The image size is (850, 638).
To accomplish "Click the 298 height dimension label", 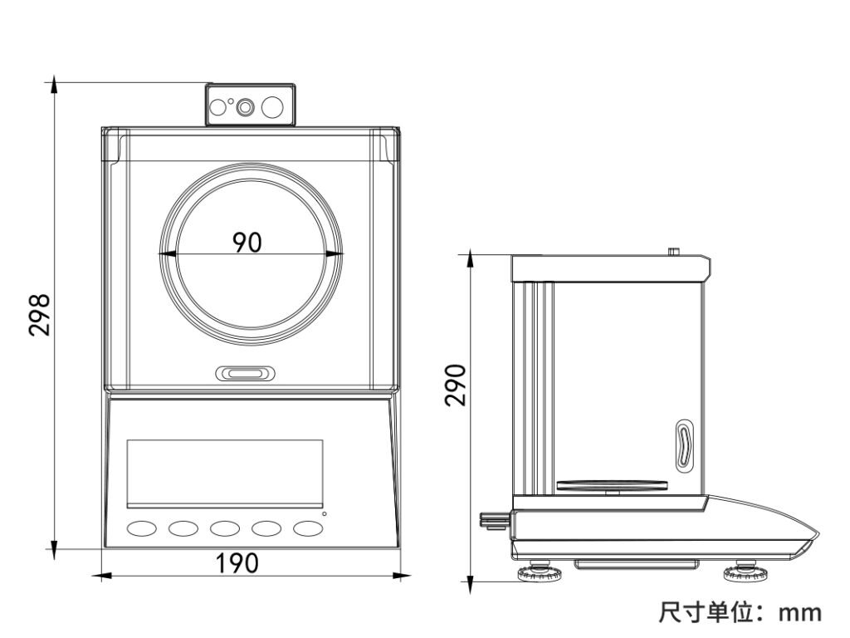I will pyautogui.click(x=39, y=313).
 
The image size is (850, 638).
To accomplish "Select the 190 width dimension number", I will pyautogui.click(x=237, y=563).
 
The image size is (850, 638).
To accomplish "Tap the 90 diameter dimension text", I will pyautogui.click(x=247, y=242).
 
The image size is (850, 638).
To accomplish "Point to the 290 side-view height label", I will pyautogui.click(x=455, y=385).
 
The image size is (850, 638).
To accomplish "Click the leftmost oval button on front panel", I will pyautogui.click(x=140, y=528).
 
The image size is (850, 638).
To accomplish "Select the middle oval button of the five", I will pyautogui.click(x=224, y=528).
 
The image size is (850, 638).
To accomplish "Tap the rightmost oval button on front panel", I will pyautogui.click(x=308, y=528).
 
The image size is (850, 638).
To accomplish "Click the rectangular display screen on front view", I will pyautogui.click(x=224, y=474).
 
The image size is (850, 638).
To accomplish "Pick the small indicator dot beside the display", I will pyautogui.click(x=325, y=514).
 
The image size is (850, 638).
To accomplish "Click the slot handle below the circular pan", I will pyautogui.click(x=245, y=374).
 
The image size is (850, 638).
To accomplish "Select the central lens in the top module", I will pyautogui.click(x=245, y=106).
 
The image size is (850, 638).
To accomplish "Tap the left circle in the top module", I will pyautogui.click(x=217, y=106).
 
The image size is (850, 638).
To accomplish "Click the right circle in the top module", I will pyautogui.click(x=272, y=106).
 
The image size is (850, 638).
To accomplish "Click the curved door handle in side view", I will pyautogui.click(x=682, y=445).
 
